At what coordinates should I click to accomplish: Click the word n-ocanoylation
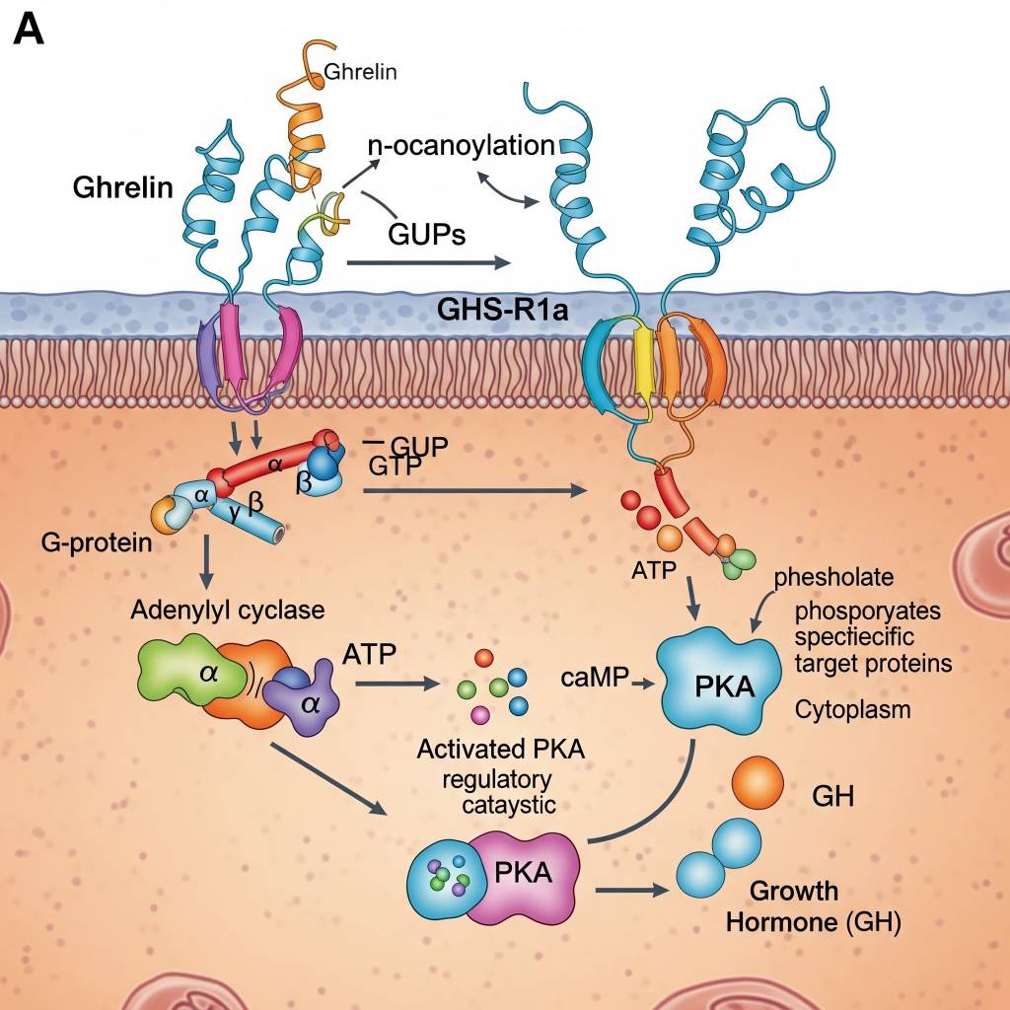(x=461, y=146)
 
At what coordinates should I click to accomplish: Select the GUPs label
(x=429, y=235)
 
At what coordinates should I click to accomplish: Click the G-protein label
(x=97, y=541)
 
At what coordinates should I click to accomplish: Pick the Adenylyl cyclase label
(x=227, y=610)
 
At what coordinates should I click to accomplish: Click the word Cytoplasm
(x=852, y=709)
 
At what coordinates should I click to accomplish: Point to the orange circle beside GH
(x=757, y=783)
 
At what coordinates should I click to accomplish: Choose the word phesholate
(x=833, y=577)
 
